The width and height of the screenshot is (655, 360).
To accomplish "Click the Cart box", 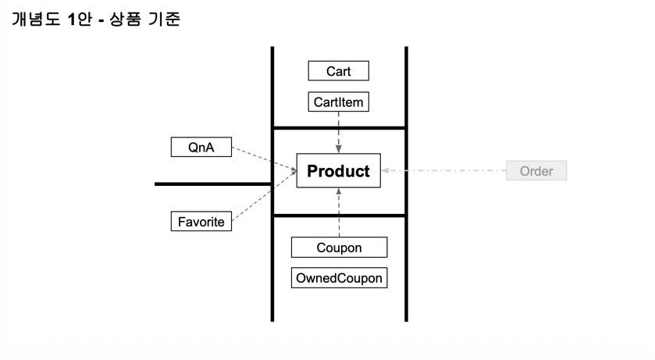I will tap(338, 71).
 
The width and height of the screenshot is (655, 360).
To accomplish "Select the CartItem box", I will tap(338, 102).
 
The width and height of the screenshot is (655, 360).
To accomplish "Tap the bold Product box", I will tap(338, 171).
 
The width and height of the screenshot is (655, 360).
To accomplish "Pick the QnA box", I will tap(201, 147).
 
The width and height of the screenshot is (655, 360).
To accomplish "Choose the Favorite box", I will tap(201, 222).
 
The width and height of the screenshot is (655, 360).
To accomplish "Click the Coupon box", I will tap(339, 248).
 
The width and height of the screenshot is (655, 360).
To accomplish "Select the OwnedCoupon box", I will tap(339, 278).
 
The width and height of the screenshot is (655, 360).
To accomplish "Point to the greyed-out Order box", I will tap(536, 171).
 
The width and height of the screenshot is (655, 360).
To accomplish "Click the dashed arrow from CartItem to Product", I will tap(338, 131).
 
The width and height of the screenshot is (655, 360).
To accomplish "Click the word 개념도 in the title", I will tap(37, 19).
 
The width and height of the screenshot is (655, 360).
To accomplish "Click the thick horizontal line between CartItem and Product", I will tap(339, 127).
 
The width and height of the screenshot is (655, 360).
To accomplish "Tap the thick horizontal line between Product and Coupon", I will tap(339, 216).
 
